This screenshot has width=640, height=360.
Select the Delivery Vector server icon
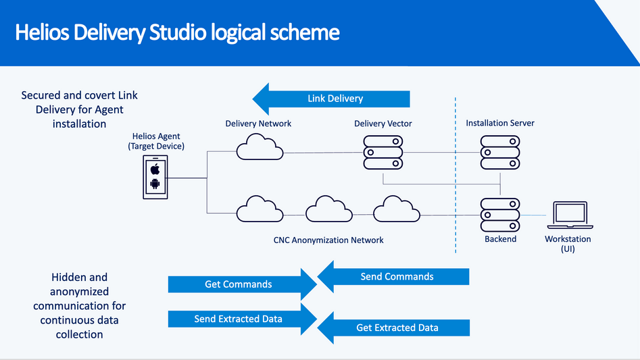pos(383,153)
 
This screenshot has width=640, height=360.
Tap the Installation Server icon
pos(500,153)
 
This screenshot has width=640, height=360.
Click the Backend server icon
pos(500,215)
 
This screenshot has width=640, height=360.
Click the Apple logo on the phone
pos(155,169)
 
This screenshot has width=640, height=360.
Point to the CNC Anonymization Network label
pos(328,240)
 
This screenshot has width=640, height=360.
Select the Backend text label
pos(500,239)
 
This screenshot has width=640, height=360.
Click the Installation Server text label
pos(500,124)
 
